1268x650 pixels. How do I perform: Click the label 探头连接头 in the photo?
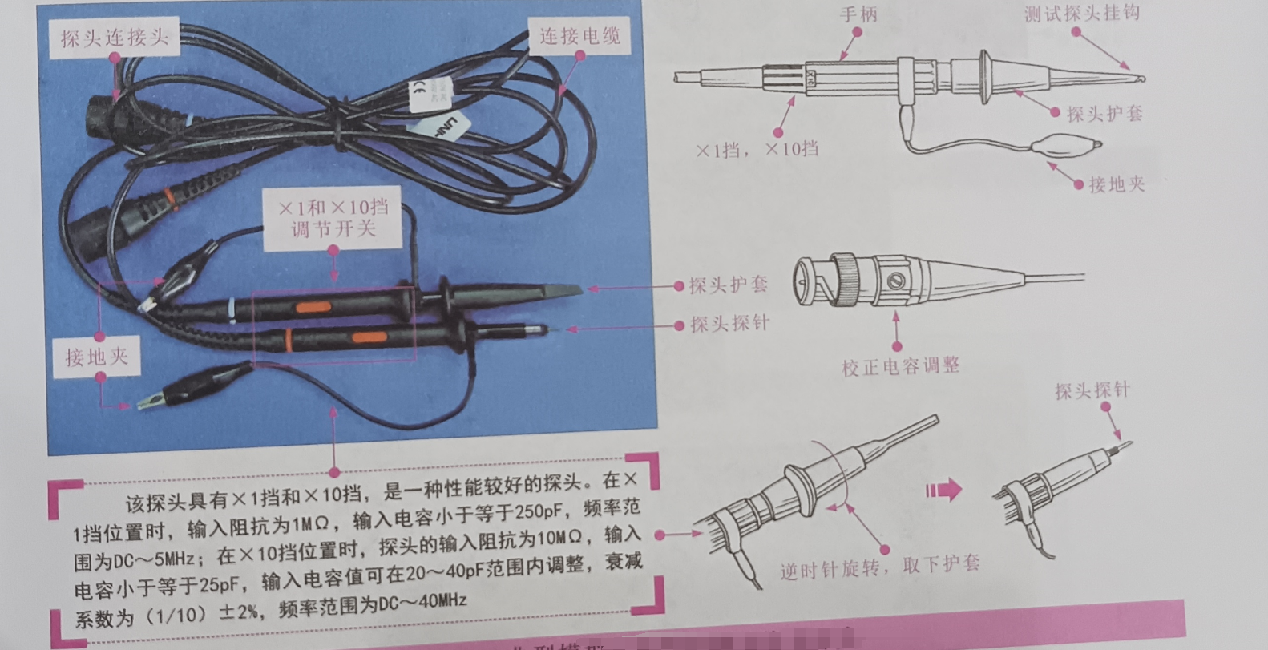point(115,37)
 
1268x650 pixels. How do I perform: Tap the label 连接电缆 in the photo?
point(579,36)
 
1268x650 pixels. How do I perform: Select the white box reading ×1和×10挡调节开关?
point(333,218)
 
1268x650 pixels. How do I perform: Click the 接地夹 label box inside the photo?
point(97,357)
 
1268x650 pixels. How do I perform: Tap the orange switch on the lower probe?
point(367,337)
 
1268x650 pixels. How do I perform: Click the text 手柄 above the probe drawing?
point(858,14)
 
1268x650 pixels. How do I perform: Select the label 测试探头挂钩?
point(1081,14)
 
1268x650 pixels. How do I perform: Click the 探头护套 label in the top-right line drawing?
point(1104,114)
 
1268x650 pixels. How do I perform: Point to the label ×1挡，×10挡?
point(757,149)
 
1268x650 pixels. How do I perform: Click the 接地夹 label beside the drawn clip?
point(1116,184)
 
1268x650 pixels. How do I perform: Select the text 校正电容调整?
point(899,366)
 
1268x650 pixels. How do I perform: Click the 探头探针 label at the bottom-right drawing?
point(1092,391)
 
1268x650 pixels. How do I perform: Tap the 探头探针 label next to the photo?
point(729,324)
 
